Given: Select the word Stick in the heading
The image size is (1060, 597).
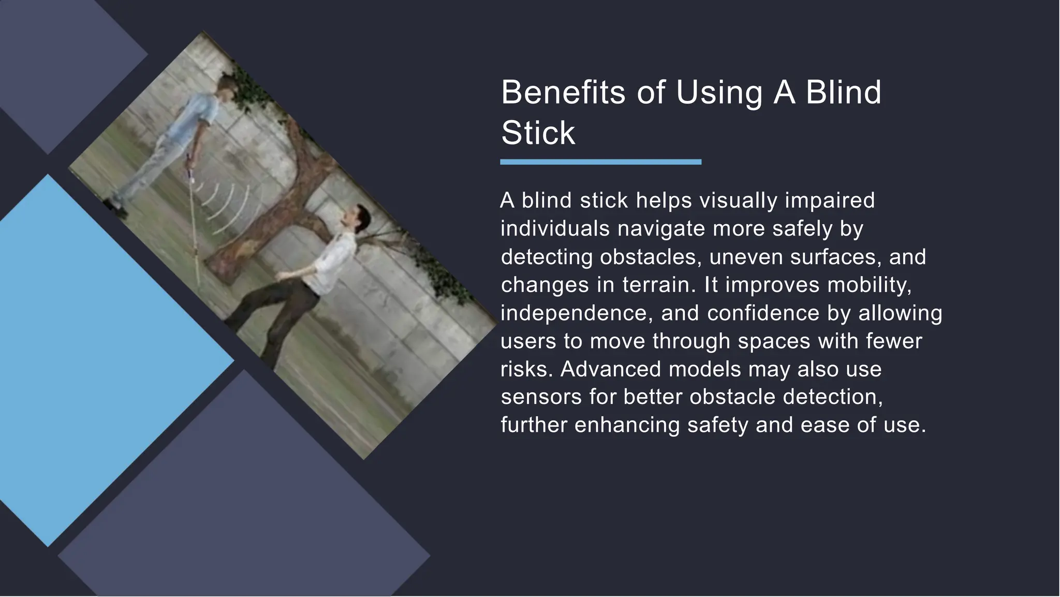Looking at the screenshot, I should [x=538, y=133].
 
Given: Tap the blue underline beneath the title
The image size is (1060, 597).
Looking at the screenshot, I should [x=600, y=162].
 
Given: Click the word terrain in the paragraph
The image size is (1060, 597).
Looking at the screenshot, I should [x=659, y=285].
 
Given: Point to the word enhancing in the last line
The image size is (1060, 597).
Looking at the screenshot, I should [x=627, y=425].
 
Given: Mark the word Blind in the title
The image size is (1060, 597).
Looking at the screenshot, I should [x=843, y=93].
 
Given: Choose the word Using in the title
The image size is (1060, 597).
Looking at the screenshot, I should [x=719, y=93].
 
